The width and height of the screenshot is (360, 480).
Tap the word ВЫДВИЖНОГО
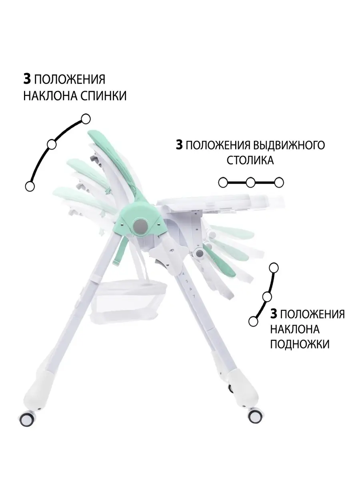click(288, 145)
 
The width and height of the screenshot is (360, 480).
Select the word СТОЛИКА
click(250, 160)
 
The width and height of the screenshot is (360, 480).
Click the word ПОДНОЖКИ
click(300, 344)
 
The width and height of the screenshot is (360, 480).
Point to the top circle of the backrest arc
click(86, 119)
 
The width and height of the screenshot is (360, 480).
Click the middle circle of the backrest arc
click(52, 144)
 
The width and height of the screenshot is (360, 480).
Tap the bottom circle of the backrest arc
click(30, 186)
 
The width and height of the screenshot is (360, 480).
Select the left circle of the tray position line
click(223, 182)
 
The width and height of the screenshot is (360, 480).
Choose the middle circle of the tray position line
click(251, 182)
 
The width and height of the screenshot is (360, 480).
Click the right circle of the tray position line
click(279, 182)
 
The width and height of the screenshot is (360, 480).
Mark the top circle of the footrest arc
click(274, 268)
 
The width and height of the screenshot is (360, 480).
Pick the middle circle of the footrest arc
click(267, 297)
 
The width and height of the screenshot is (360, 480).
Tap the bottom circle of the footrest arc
click(253, 322)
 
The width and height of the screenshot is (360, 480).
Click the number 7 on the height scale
click(194, 296)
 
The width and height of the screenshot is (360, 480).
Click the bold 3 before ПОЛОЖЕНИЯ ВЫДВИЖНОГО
click(179, 145)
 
